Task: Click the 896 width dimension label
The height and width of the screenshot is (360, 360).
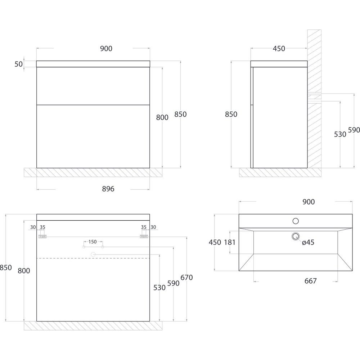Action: pyautogui.click(x=108, y=189)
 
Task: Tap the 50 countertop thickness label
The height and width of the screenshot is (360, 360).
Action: pyautogui.click(x=19, y=64)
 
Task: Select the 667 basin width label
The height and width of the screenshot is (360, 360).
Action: pyautogui.click(x=310, y=281)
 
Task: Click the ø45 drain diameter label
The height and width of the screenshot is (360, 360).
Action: pyautogui.click(x=308, y=242)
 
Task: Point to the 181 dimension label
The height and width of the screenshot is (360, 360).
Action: pyautogui.click(x=230, y=242)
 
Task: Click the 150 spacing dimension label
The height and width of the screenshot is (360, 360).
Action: pyautogui.click(x=93, y=242)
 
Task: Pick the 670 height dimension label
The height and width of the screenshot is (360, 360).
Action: pyautogui.click(x=186, y=278)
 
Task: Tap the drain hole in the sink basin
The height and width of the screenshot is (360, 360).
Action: pyautogui.click(x=296, y=236)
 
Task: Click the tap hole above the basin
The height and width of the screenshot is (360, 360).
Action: pyautogui.click(x=296, y=221)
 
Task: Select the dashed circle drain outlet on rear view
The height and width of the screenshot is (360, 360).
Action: pyautogui.click(x=93, y=255)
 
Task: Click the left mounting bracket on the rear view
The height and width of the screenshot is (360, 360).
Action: pyautogui.click(x=42, y=237)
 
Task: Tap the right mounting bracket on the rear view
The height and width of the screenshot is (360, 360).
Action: pyautogui.click(x=144, y=237)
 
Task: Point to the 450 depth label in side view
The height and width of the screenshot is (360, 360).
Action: pyautogui.click(x=279, y=49)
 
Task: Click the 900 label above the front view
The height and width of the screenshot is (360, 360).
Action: pyautogui.click(x=106, y=49)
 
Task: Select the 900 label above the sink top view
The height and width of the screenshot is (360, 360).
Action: pyautogui.click(x=309, y=202)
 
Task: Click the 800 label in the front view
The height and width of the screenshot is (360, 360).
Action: pyautogui.click(x=162, y=117)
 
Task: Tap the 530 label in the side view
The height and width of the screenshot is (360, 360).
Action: pyautogui.click(x=340, y=134)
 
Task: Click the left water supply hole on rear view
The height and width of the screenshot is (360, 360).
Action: pyautogui.click(x=84, y=247)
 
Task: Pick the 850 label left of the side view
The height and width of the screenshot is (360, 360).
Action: pyautogui.click(x=231, y=114)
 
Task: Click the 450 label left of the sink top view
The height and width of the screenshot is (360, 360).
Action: pyautogui.click(x=215, y=242)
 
